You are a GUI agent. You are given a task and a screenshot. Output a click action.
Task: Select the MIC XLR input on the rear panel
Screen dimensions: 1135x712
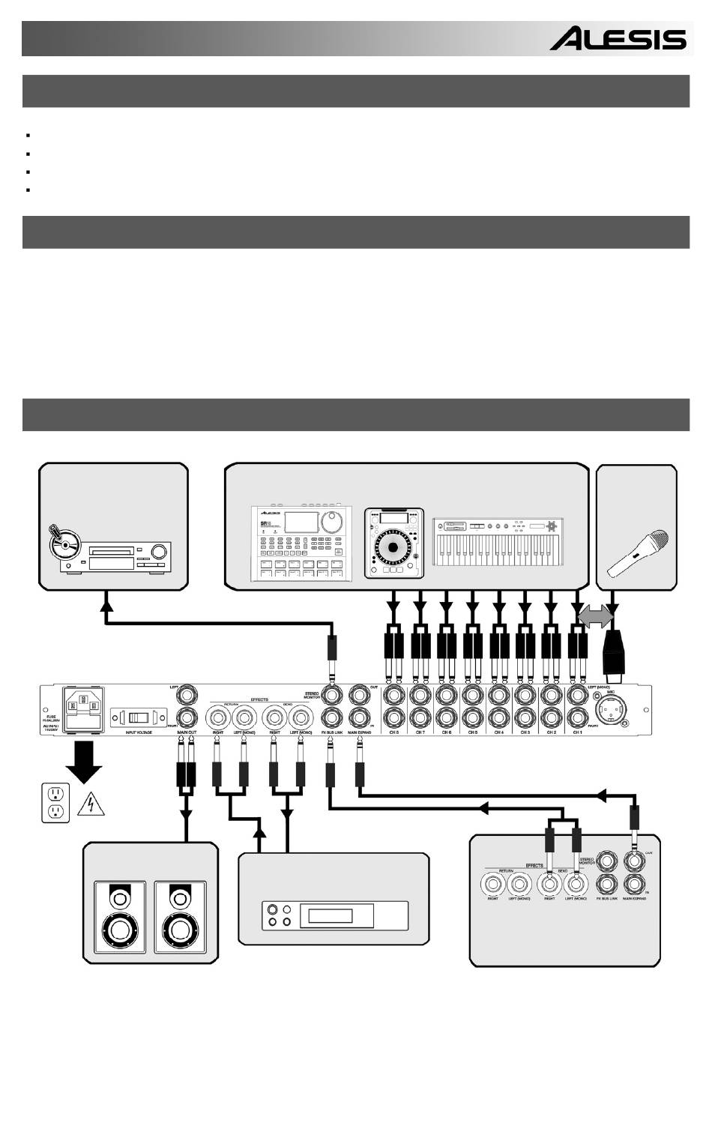pos(607,707)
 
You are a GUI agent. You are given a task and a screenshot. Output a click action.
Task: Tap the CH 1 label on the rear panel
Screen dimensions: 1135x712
pos(577,732)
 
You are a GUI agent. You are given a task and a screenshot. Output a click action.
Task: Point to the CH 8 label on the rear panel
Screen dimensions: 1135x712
pos(393,732)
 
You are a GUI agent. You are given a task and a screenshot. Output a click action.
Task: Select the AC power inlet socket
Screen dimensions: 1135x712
pos(84,707)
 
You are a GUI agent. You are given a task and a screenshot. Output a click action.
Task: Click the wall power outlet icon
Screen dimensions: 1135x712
pos(55,802)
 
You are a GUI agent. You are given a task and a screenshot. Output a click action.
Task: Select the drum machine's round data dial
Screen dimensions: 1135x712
pos(330,522)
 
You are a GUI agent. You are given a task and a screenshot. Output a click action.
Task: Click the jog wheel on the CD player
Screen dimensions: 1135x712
pos(393,547)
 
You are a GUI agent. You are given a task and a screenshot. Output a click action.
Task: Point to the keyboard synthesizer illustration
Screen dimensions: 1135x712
pos(498,542)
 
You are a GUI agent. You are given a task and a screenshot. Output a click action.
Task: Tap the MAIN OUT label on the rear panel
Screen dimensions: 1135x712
pos(187,732)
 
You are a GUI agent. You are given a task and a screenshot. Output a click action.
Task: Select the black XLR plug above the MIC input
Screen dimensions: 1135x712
pos(614,653)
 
